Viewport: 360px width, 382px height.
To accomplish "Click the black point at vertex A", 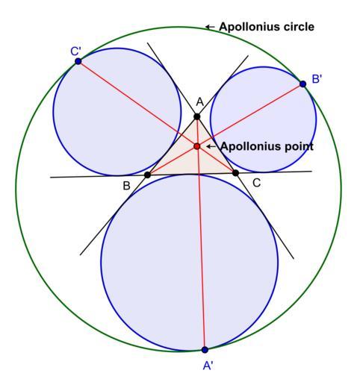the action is pyautogui.click(x=197, y=116).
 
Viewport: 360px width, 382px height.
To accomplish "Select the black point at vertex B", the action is pyautogui.click(x=147, y=175).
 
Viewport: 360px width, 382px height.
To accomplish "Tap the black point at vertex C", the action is pyautogui.click(x=235, y=173).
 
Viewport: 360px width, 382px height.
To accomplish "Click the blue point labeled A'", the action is pyautogui.click(x=205, y=350).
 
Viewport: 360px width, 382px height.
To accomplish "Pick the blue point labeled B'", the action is pyautogui.click(x=302, y=84).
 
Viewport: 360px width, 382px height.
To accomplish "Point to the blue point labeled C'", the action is pyautogui.click(x=78, y=61).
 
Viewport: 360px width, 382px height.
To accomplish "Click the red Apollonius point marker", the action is pyautogui.click(x=197, y=146).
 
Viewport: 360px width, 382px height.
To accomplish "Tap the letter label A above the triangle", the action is pyautogui.click(x=199, y=102).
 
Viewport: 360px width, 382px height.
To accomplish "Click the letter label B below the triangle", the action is pyautogui.click(x=126, y=186).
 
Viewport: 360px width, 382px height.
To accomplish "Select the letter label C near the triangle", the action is pyautogui.click(x=256, y=184).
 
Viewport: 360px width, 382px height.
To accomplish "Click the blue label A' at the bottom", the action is pyautogui.click(x=208, y=366).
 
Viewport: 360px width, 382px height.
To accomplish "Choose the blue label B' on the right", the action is pyautogui.click(x=317, y=79).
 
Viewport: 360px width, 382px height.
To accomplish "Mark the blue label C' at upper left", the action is pyautogui.click(x=75, y=51).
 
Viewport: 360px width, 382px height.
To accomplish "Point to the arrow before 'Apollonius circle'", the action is pyautogui.click(x=210, y=27).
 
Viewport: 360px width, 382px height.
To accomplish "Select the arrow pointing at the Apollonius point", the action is pyautogui.click(x=211, y=146).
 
